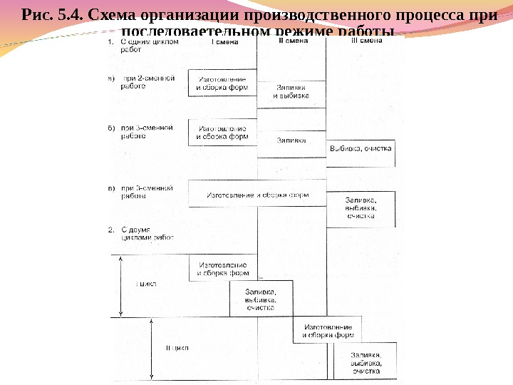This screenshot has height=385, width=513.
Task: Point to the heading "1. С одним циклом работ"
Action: [142, 46]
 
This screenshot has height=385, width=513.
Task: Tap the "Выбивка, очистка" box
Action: [361, 149]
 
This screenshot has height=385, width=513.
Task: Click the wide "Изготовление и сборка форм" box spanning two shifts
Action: [257, 195]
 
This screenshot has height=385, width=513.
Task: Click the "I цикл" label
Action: [147, 284]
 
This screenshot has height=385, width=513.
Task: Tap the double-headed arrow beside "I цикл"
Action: [122, 285]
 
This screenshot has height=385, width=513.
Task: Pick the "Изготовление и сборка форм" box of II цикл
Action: [327, 330]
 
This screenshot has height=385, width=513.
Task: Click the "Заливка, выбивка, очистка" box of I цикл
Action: [261, 299]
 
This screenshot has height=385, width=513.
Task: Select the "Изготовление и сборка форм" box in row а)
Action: [222, 83]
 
